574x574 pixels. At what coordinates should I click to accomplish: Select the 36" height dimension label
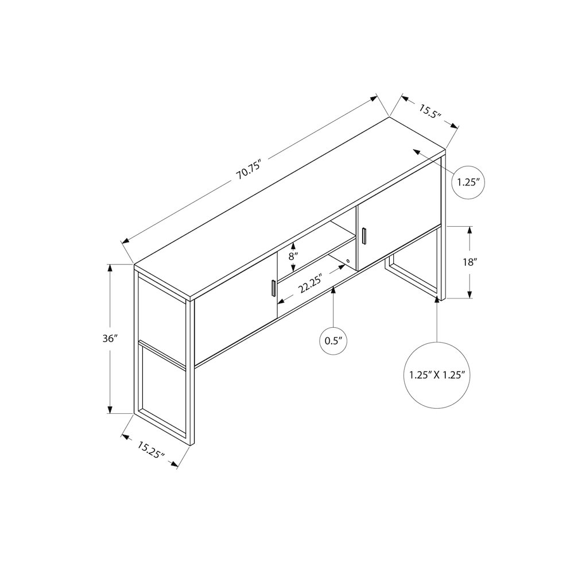tap(110, 339)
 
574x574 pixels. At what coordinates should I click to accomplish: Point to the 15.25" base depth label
tap(151, 450)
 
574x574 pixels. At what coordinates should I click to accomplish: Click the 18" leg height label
tap(470, 262)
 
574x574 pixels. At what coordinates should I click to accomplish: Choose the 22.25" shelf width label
tap(309, 284)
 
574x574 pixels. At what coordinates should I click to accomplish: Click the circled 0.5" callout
tap(333, 341)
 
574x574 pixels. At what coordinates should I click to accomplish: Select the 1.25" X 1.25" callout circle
tap(437, 375)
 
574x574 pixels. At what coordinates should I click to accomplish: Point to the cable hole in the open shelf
tap(348, 261)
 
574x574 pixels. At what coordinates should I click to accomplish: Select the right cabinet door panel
tap(399, 236)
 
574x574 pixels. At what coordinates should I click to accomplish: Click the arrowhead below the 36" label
tap(110, 409)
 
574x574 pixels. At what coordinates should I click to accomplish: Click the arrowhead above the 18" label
tap(470, 231)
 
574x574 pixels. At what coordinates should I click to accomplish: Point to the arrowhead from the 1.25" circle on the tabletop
tap(417, 152)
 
